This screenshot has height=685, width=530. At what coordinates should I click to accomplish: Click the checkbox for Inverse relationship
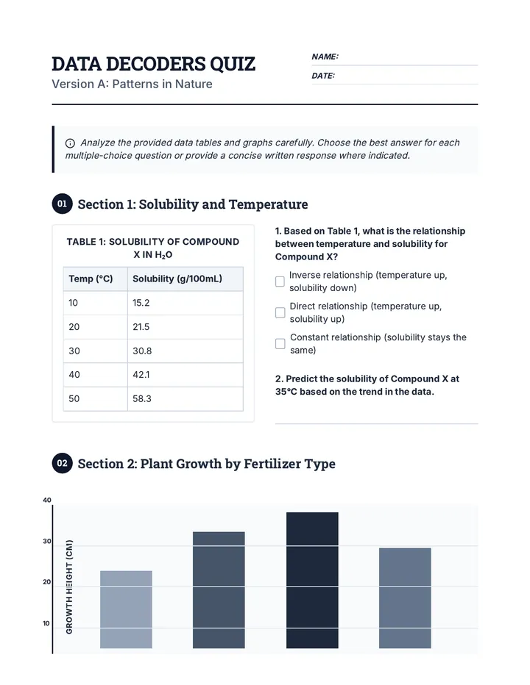tap(280, 281)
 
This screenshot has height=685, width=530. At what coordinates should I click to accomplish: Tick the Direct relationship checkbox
tap(280, 312)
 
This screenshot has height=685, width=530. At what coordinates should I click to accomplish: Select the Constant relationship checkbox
tap(280, 344)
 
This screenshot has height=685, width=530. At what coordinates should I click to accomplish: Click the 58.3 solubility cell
tap(185, 399)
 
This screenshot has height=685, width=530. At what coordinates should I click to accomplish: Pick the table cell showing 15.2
tap(185, 303)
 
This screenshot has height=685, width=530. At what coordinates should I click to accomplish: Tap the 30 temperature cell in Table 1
tap(96, 351)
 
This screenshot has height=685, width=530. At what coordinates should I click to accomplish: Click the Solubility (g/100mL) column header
tap(185, 279)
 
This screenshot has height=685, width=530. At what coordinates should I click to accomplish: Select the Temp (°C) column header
tap(96, 279)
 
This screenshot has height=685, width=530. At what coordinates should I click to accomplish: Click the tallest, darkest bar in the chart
tap(312, 580)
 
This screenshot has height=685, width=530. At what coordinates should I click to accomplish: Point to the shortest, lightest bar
tap(126, 609)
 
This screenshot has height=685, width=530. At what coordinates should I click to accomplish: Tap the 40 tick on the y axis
tap(47, 501)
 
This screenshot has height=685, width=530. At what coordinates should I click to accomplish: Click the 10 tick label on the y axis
tap(46, 623)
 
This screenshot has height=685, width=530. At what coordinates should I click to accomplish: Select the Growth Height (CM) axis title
tap(69, 587)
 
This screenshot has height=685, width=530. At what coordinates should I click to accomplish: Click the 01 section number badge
tap(62, 204)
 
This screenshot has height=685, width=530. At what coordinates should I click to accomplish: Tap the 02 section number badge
tap(62, 463)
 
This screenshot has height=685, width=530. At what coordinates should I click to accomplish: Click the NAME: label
tap(325, 57)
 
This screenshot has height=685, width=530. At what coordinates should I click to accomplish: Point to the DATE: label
tap(323, 76)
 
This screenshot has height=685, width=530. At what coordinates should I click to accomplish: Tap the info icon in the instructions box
tap(70, 143)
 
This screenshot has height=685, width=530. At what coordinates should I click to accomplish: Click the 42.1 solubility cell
tap(185, 375)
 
